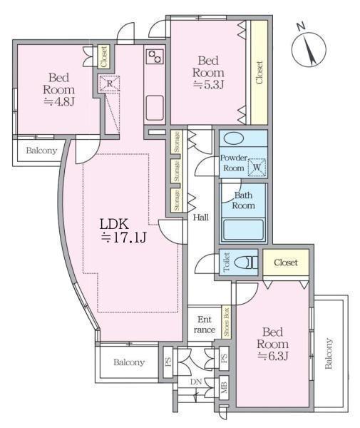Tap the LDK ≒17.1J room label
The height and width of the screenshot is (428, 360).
point(123,231)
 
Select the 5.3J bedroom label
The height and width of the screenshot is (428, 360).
point(208,73)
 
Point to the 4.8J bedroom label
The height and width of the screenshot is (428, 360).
point(58,90)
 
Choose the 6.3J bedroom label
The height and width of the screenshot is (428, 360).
point(272,344)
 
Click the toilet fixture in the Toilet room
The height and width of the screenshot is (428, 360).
point(245,263)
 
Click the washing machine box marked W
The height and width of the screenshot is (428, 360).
point(257,167)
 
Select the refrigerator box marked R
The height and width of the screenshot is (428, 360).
point(109,83)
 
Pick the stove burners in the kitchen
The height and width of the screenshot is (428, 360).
point(155,56)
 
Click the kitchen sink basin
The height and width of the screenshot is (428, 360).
point(155,108)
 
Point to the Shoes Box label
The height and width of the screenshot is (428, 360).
point(227,322)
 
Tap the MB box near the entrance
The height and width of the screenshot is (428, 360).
point(224,388)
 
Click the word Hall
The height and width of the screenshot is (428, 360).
point(201,218)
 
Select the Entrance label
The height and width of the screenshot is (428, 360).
point(205,325)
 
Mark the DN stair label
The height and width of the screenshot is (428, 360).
point(196,382)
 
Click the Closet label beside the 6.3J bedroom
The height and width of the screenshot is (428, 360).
point(286,263)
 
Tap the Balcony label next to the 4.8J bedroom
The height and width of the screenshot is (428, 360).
point(41,151)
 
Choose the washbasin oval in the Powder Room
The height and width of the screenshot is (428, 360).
point(234,138)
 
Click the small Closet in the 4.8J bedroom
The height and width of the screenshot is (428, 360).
point(103,56)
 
